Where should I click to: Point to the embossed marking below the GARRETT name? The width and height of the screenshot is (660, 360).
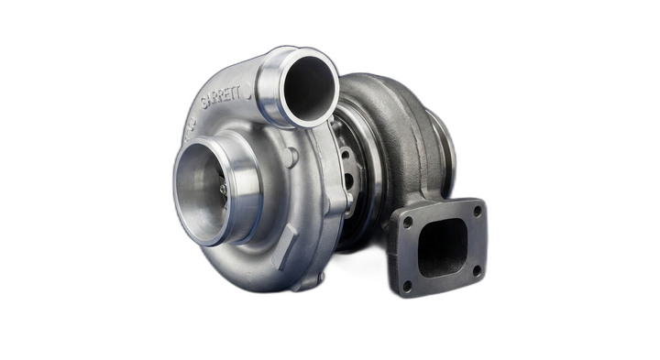(192, 124)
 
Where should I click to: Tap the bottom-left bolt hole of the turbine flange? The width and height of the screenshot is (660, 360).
(406, 286)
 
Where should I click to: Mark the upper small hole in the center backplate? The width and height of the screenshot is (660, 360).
(346, 156)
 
